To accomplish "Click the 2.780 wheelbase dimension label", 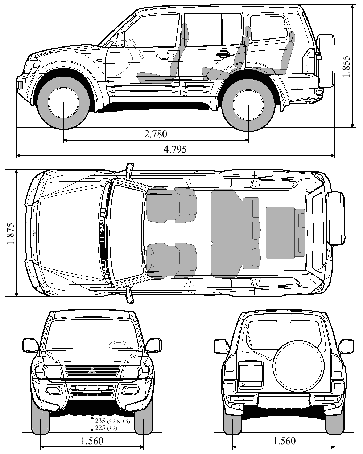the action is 156,134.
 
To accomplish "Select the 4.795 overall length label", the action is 175,149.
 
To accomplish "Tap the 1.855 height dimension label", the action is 346,67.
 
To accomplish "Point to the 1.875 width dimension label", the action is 10,234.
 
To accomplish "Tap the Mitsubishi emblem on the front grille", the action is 92,370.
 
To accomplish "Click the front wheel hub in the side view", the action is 63,103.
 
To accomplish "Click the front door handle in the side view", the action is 163,55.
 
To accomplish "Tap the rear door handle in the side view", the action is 223,54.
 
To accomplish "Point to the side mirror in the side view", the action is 121,39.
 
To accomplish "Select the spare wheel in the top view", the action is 335,218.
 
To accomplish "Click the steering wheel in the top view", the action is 147,259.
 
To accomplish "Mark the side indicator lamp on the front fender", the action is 99,60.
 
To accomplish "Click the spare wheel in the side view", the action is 326,61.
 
